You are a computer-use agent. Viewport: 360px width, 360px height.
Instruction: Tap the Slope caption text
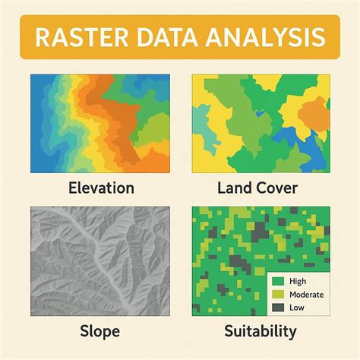(x=101, y=331)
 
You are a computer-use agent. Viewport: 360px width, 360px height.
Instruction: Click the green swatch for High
(x=278, y=282)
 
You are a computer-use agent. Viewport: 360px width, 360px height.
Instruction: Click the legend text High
(x=297, y=282)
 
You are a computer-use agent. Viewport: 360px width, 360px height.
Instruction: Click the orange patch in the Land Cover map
(x=313, y=114)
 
